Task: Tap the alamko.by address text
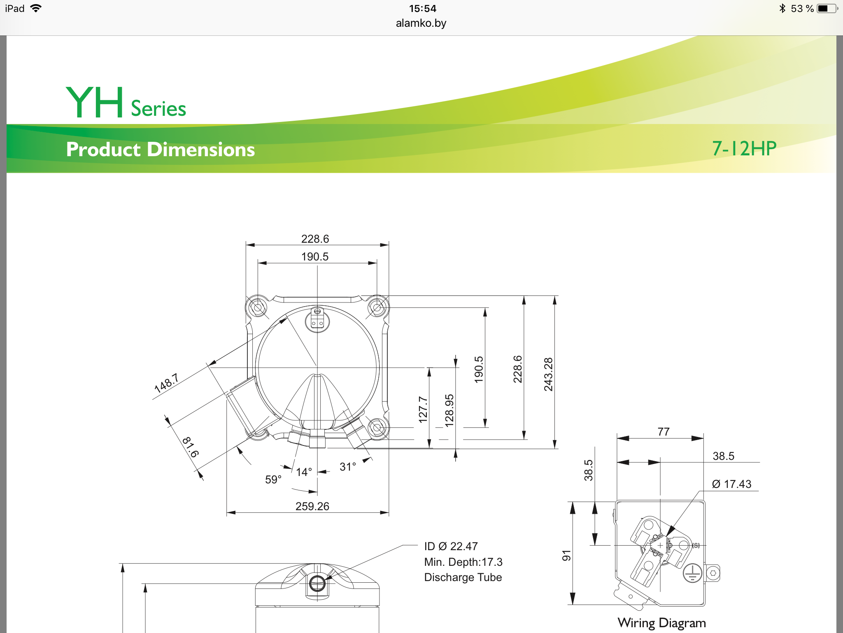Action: coord(421,23)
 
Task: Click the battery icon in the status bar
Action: coord(827,8)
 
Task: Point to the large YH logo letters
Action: coord(95,102)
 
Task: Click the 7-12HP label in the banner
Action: coord(744,148)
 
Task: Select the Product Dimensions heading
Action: coord(161,149)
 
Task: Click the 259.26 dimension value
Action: coord(312,506)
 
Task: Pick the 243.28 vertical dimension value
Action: coord(548,374)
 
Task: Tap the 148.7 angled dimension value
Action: coord(166,383)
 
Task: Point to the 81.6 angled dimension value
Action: coord(191,447)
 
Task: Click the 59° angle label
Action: coord(273,479)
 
